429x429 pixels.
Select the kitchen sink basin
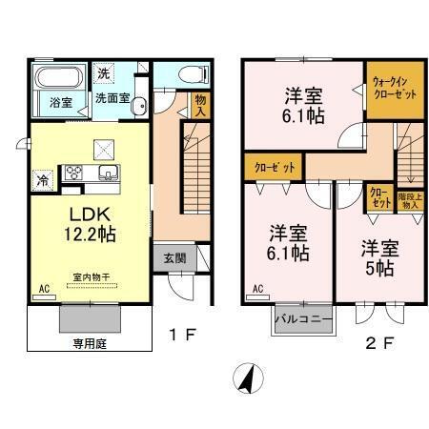(x=107, y=174)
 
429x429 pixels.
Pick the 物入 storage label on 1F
(x=199, y=104)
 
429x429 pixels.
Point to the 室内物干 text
(x=91, y=277)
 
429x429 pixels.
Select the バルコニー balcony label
(x=303, y=317)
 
